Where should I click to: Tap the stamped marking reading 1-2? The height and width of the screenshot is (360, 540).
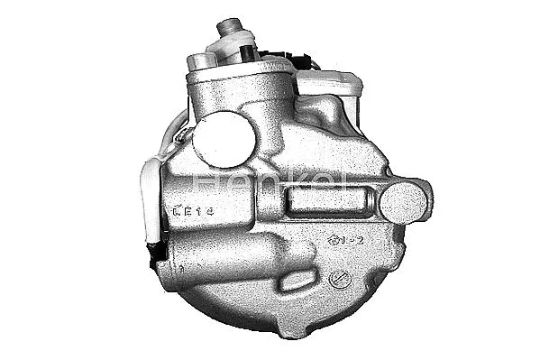point(345,240)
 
